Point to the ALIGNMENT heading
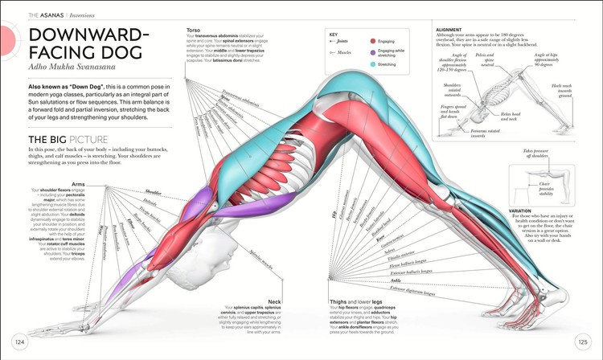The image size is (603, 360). click(449, 30)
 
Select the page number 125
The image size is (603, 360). click(582, 342)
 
